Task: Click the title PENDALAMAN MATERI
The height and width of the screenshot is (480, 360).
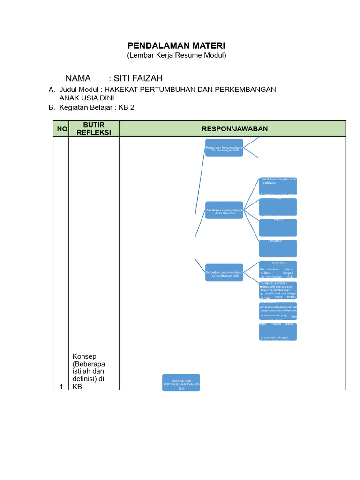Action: pos(177,45)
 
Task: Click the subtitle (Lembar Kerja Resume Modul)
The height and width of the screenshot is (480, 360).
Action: pos(177,55)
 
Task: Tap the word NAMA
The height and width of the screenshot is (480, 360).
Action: pos(78,78)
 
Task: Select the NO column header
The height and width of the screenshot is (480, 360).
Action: pos(62,129)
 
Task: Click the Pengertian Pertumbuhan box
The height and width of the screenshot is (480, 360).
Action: pos(224,148)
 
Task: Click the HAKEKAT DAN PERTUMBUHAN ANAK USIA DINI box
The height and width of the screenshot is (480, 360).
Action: pos(181,382)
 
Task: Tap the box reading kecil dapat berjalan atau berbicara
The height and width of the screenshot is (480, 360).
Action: pos(278,186)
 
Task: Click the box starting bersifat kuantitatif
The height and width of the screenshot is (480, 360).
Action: pos(278,290)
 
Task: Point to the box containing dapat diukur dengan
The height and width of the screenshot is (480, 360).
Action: pos(278,331)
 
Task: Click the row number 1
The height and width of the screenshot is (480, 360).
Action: pos(61,387)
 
